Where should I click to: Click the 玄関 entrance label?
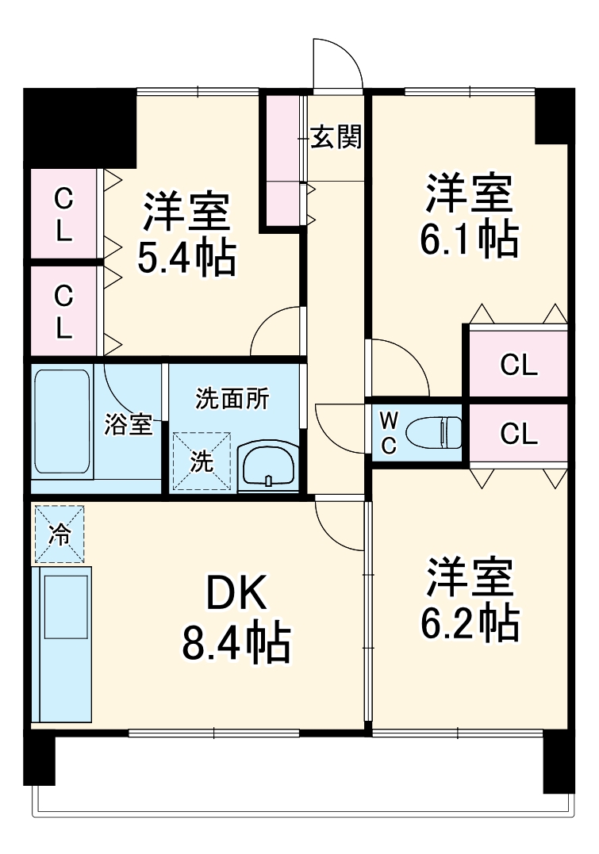pos(336,138)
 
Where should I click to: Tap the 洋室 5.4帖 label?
pos(186,234)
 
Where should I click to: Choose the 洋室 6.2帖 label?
pos(470,599)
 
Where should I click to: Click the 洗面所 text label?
pos(232,400)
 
